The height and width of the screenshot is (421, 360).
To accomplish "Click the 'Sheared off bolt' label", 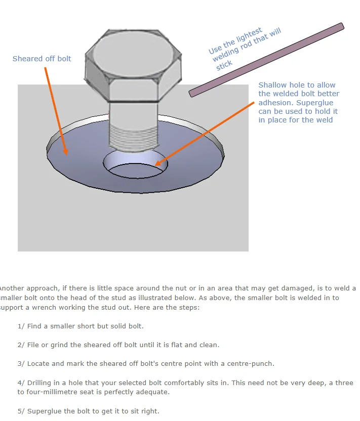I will [42, 59].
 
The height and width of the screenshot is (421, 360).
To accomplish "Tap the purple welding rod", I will [266, 60].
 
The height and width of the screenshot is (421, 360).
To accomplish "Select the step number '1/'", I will [21, 326].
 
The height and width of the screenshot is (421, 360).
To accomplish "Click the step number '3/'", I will [21, 364].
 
